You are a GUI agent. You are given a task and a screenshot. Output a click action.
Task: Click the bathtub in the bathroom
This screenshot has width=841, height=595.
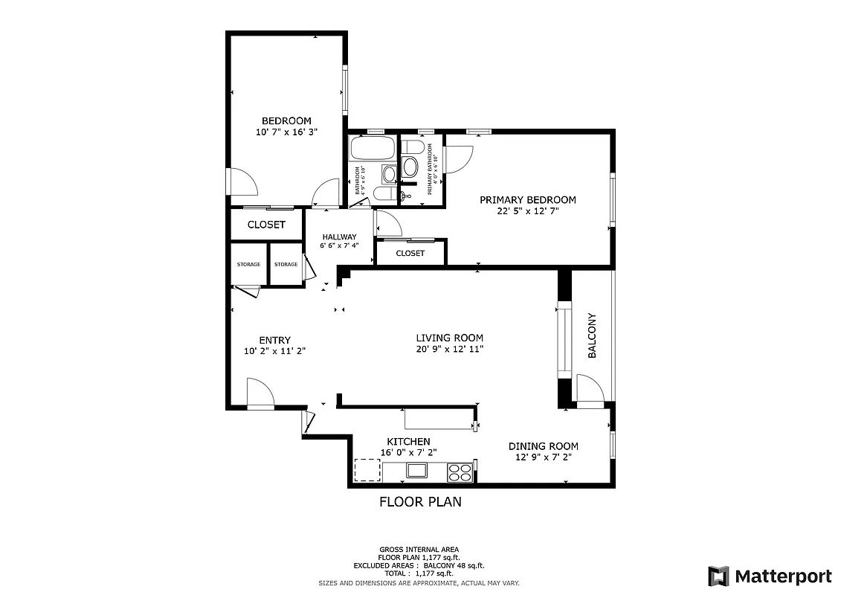pyautogui.click(x=372, y=149)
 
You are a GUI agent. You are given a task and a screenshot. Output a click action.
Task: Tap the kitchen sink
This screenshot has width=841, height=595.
pyautogui.click(x=416, y=471)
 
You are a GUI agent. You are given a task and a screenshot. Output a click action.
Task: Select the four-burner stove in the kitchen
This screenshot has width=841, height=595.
pyautogui.click(x=460, y=472)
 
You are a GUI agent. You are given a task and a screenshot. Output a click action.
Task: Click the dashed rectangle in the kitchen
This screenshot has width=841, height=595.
pyautogui.click(x=366, y=471)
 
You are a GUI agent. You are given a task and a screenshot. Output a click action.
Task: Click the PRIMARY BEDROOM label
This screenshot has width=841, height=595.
pyautogui.click(x=527, y=200)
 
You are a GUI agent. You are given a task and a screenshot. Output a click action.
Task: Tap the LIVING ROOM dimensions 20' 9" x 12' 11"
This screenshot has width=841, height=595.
pyautogui.click(x=449, y=349)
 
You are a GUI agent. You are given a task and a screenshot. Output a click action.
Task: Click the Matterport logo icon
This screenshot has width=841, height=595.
pyautogui.click(x=718, y=576)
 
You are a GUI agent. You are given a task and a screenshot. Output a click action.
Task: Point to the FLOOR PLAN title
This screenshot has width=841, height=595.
pyautogui.click(x=420, y=502)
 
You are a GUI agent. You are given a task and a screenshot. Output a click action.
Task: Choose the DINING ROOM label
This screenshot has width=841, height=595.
pyautogui.click(x=543, y=446)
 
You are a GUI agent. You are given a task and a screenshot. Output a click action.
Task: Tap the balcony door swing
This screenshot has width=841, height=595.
pyautogui.click(x=589, y=388)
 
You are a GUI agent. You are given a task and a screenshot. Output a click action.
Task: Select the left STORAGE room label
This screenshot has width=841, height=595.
pyautogui.click(x=248, y=265)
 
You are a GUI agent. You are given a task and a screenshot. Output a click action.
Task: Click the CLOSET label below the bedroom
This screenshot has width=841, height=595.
pyautogui.click(x=266, y=225)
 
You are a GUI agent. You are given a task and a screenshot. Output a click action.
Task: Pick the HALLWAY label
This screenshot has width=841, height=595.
pyautogui.click(x=339, y=237)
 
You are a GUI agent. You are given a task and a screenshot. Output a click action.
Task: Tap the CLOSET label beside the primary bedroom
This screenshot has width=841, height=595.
pyautogui.click(x=410, y=254)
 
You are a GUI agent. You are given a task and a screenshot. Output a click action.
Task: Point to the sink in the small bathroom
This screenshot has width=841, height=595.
pyautogui.click(x=389, y=175)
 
